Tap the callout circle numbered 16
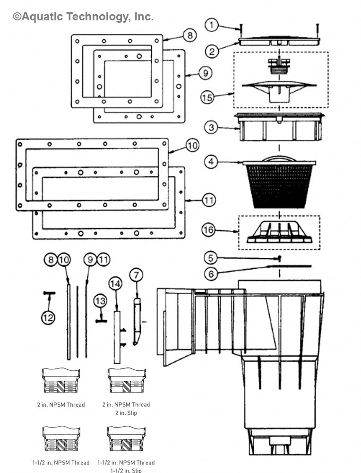coord(208,230)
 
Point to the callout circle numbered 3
coord(212,127)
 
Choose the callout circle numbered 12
coord(48,317)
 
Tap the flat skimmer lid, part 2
coord(280,41)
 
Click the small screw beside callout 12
coord(49,294)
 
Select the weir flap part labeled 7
coord(137,322)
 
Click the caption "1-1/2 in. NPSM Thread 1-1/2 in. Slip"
coord(126,466)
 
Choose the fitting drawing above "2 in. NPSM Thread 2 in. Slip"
coord(126,380)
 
